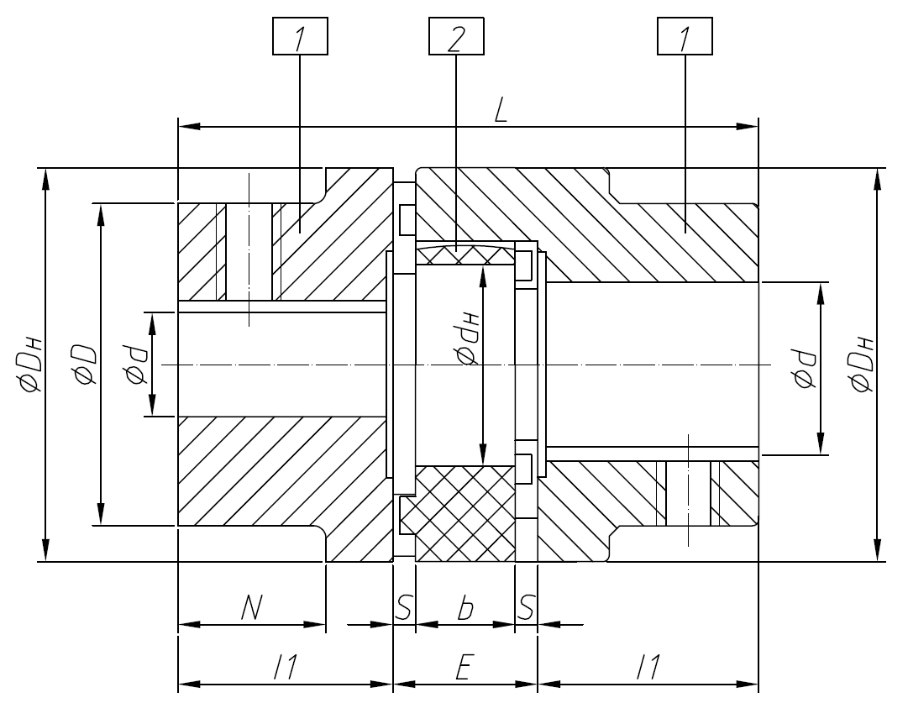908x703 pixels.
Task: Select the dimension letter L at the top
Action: click(501, 113)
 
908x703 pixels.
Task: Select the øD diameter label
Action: click(84, 365)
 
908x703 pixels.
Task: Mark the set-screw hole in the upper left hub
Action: click(249, 252)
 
